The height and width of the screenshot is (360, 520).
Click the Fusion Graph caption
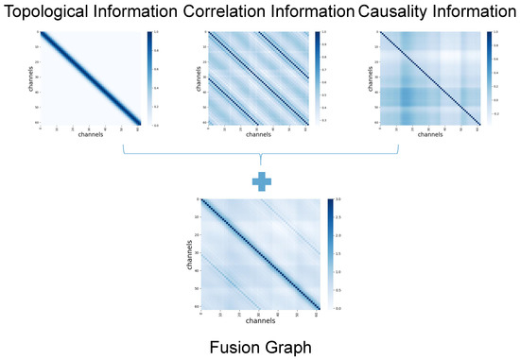(260, 345)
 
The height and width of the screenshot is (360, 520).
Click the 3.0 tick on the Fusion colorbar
(338, 201)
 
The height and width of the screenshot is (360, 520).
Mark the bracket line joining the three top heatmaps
(260, 154)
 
